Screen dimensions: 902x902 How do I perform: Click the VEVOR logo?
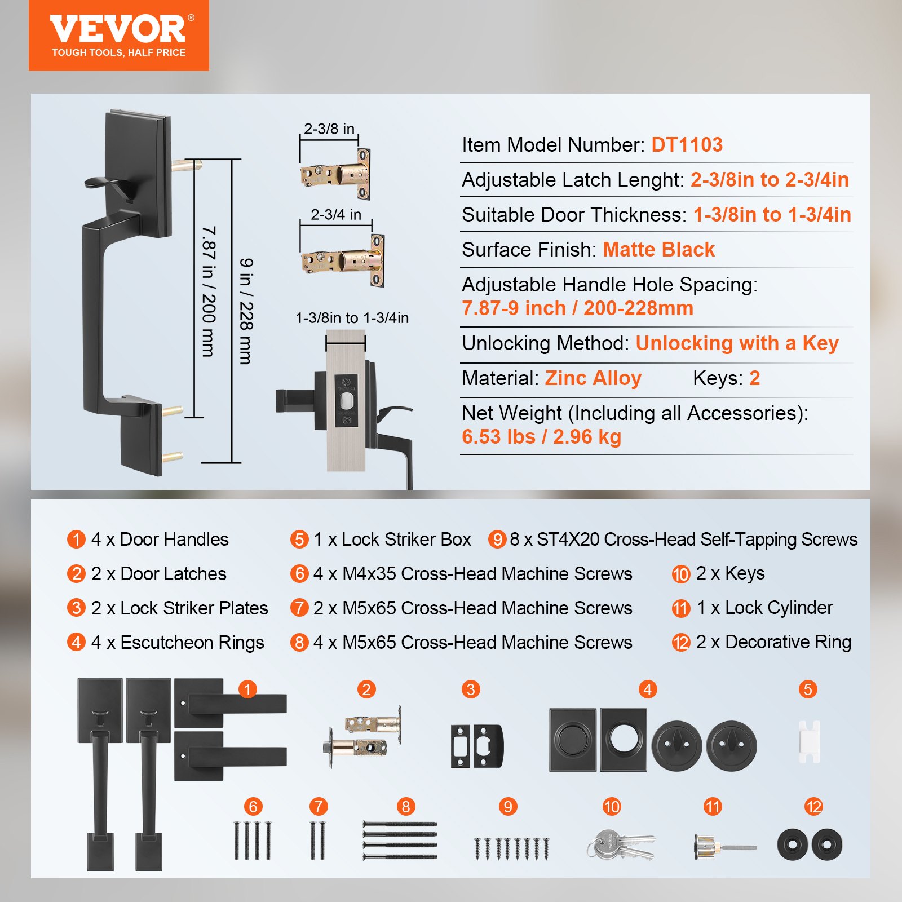(x=118, y=29)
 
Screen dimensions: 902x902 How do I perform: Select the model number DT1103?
(x=687, y=145)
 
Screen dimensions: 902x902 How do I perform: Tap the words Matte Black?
(x=658, y=249)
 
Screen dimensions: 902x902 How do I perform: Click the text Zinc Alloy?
(x=593, y=378)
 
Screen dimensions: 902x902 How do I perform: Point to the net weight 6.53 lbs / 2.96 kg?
(x=541, y=437)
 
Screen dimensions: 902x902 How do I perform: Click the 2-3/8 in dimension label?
(x=329, y=129)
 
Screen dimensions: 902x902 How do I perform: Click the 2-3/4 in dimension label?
(x=336, y=215)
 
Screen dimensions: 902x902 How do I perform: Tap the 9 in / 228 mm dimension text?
(x=246, y=311)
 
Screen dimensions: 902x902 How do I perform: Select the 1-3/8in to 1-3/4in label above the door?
(x=352, y=318)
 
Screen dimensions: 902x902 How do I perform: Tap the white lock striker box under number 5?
(x=809, y=742)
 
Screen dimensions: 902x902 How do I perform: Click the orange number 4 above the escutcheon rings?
(x=647, y=689)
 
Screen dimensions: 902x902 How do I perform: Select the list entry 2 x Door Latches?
(x=159, y=574)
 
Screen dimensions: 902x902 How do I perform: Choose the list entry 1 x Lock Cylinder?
(x=764, y=608)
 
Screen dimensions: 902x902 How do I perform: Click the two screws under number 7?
(x=318, y=840)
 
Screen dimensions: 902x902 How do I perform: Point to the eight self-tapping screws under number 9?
(x=511, y=848)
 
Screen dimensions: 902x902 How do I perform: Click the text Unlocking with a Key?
(x=737, y=343)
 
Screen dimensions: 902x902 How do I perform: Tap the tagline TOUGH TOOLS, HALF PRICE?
(x=118, y=52)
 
